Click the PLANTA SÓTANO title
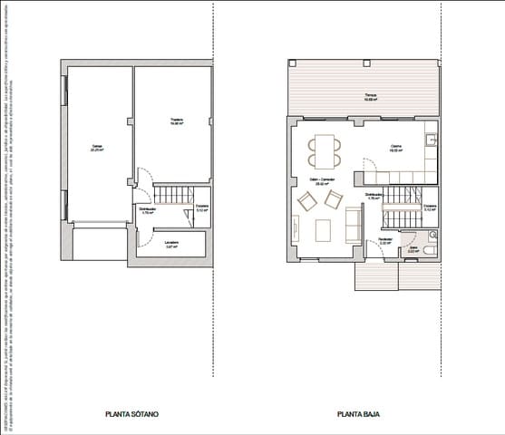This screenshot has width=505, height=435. pos(132,414)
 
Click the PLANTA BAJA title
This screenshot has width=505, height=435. pos(358,414)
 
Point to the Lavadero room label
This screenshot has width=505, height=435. pos(170,244)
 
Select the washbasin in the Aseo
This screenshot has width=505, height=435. pos(429,234)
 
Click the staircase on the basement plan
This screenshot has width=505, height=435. pos(171,195)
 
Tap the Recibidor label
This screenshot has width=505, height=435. pos(384,241)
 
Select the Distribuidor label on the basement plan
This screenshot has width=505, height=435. pos(145,210)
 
